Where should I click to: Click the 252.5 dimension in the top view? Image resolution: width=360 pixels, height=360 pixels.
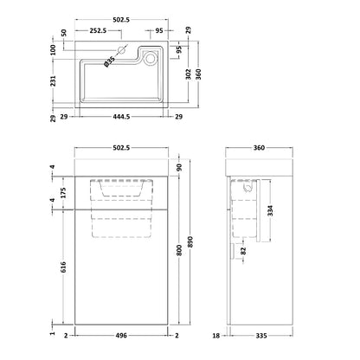[x=98, y=30]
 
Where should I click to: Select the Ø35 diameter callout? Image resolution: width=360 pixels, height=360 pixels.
[x=109, y=61]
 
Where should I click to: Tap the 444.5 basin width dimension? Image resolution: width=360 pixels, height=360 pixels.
[x=121, y=117]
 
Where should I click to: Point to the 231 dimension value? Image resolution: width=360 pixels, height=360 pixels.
[x=53, y=81]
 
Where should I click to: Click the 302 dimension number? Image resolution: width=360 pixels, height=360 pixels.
[x=188, y=74]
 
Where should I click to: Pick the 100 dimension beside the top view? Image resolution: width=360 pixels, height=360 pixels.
[x=53, y=50]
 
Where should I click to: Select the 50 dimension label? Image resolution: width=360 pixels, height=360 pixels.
[x=64, y=33]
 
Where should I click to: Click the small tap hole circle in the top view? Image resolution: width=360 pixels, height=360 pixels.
[x=121, y=51]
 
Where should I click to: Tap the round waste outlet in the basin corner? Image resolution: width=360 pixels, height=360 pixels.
[x=150, y=59]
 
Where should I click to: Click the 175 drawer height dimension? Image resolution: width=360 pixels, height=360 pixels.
[x=63, y=193]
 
